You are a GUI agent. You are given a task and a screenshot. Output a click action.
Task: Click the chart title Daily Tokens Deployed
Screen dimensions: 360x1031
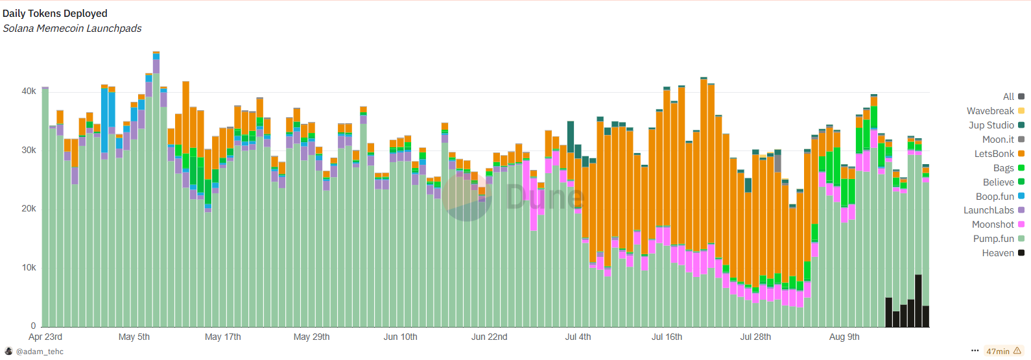(x=55, y=13)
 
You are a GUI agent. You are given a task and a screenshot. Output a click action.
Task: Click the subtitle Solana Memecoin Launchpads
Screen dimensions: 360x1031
(x=72, y=29)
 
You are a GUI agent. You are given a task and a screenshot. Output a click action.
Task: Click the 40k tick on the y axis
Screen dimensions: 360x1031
(x=29, y=91)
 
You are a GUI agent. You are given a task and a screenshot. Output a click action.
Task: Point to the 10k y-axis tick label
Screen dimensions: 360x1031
(x=29, y=267)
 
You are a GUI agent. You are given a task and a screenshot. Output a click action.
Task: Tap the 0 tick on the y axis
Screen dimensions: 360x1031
(x=33, y=326)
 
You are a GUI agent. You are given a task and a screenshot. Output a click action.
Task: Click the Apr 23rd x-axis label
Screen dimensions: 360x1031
(x=45, y=337)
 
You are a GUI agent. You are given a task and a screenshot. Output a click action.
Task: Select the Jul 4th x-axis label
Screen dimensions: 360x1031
(x=578, y=337)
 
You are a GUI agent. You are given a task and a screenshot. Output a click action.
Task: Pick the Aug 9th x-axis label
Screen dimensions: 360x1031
(x=844, y=337)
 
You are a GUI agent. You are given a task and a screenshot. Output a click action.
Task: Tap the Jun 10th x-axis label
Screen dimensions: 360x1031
(x=400, y=337)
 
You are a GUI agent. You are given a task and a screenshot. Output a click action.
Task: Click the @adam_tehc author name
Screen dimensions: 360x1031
(x=40, y=352)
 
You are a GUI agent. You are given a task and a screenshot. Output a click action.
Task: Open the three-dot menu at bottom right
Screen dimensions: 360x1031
(x=975, y=351)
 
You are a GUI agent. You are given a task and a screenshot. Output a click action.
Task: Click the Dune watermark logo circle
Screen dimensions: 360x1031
(x=467, y=197)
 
